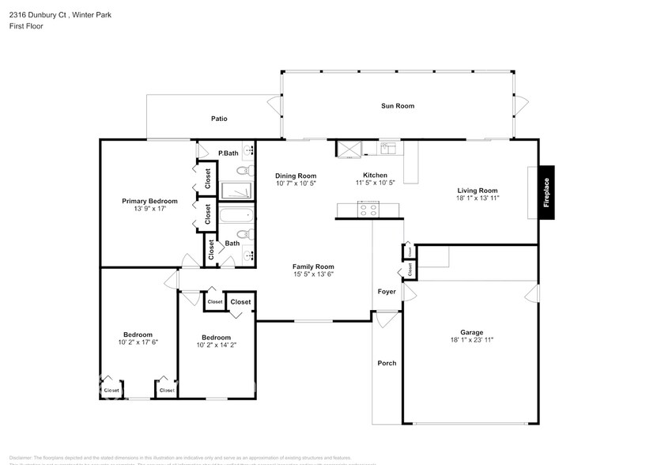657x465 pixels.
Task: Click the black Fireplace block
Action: pos(546,192)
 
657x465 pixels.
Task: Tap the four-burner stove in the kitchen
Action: pos(369,209)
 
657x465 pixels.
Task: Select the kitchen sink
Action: pos(390,148)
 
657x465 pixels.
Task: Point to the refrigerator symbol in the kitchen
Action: pos(349,148)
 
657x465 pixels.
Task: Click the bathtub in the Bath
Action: pos(236,215)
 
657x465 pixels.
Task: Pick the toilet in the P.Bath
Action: pos(245,170)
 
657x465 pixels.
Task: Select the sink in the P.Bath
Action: pos(248,149)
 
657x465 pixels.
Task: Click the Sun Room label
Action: pos(398,106)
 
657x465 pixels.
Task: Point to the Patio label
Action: pos(219,119)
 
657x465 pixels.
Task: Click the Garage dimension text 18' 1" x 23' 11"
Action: pos(472,339)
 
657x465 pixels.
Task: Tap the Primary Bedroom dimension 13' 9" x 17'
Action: pos(149,210)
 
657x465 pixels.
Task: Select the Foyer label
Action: pos(387,291)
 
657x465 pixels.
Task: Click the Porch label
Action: pos(387,363)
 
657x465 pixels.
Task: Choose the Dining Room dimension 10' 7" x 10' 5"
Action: pos(296,183)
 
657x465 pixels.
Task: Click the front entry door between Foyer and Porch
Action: pos(387,320)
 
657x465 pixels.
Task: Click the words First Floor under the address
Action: pos(27,26)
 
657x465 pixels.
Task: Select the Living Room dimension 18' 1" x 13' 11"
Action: pos(478,198)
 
